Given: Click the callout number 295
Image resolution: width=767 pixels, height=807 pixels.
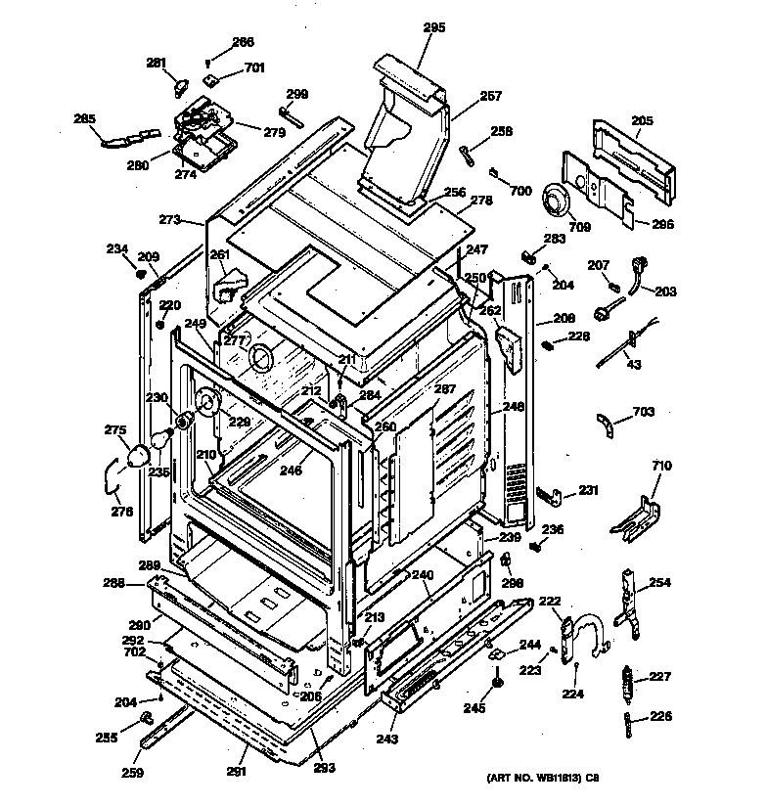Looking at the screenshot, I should [434, 27].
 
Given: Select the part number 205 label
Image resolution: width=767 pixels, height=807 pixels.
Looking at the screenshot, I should [642, 120].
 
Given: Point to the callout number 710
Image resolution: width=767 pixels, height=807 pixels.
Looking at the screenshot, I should [662, 467].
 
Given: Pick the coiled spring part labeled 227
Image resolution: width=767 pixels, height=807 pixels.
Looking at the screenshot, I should [627, 678].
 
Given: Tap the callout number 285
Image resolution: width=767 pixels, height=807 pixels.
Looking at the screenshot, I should [85, 119].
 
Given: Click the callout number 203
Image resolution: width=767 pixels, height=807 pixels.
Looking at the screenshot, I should [665, 291].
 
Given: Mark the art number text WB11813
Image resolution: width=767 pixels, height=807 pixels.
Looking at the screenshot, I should [541, 778].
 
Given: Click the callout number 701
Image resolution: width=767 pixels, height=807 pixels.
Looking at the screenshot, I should [254, 67].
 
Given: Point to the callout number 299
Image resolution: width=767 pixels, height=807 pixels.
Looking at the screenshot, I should [296, 94].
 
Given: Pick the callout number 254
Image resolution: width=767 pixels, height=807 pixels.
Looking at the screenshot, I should [660, 583].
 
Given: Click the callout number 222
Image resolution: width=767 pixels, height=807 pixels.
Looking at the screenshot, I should [550, 602].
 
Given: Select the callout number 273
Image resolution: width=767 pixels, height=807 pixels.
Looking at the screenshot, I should [170, 220].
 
